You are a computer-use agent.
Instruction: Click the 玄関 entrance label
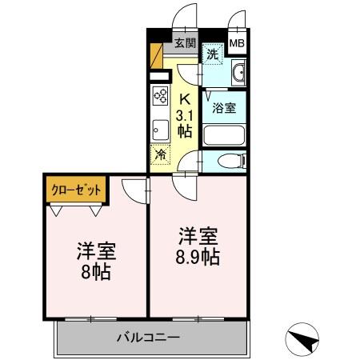185,43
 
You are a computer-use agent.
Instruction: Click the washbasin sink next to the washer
238,75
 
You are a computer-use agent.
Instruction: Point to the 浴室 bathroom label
224,106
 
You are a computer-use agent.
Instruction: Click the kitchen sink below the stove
158,127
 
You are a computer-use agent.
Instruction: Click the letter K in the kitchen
184,99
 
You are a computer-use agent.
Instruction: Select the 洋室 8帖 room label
96,261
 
